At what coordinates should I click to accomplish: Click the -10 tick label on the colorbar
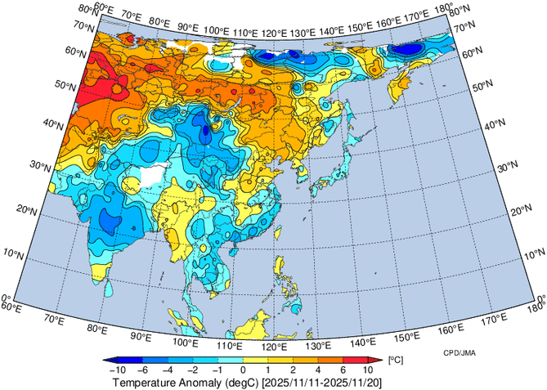pyautogui.click(x=119, y=370)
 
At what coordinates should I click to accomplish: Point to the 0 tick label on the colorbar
pyautogui.click(x=243, y=370)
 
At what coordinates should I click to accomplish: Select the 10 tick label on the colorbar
pyautogui.click(x=368, y=370)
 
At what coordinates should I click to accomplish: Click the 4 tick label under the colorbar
pyautogui.click(x=318, y=370)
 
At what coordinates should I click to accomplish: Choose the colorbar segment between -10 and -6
pyautogui.click(x=132, y=360)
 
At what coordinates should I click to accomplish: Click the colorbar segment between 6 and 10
pyautogui.click(x=356, y=360)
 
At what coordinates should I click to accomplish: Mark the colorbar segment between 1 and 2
pyautogui.click(x=280, y=360)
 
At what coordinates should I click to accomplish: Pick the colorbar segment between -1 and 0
pyautogui.click(x=231, y=360)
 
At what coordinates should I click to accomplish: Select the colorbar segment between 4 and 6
pyautogui.click(x=330, y=360)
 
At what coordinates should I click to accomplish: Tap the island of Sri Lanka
pyautogui.click(x=107, y=288)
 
